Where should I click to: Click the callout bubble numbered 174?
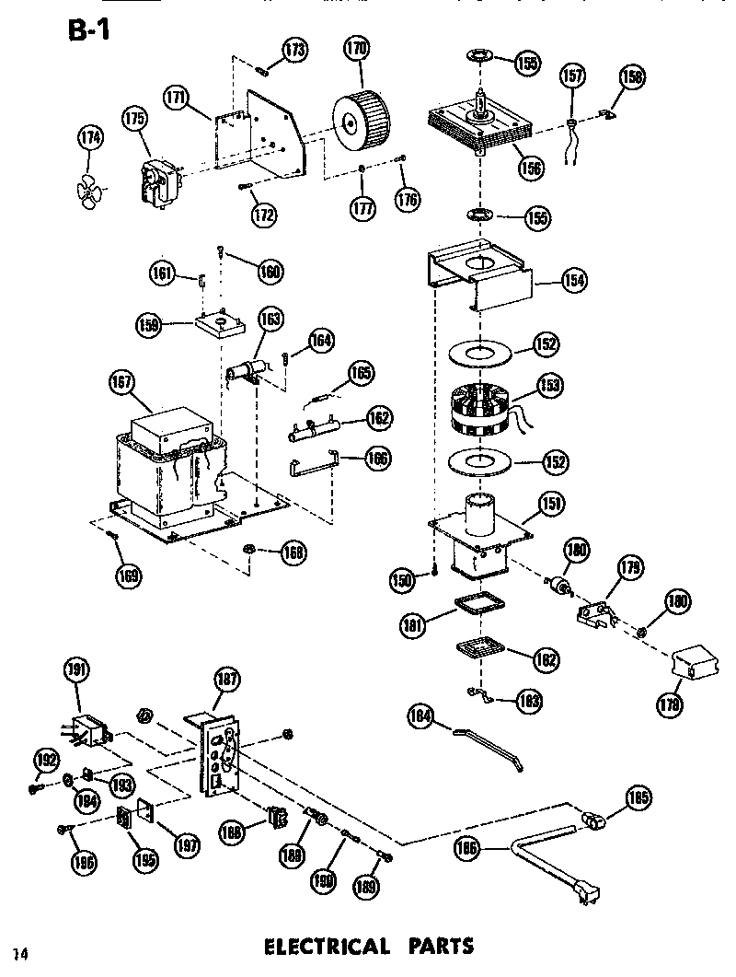tap(90, 139)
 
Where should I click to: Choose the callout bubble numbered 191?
tap(76, 671)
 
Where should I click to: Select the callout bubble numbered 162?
tap(375, 418)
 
